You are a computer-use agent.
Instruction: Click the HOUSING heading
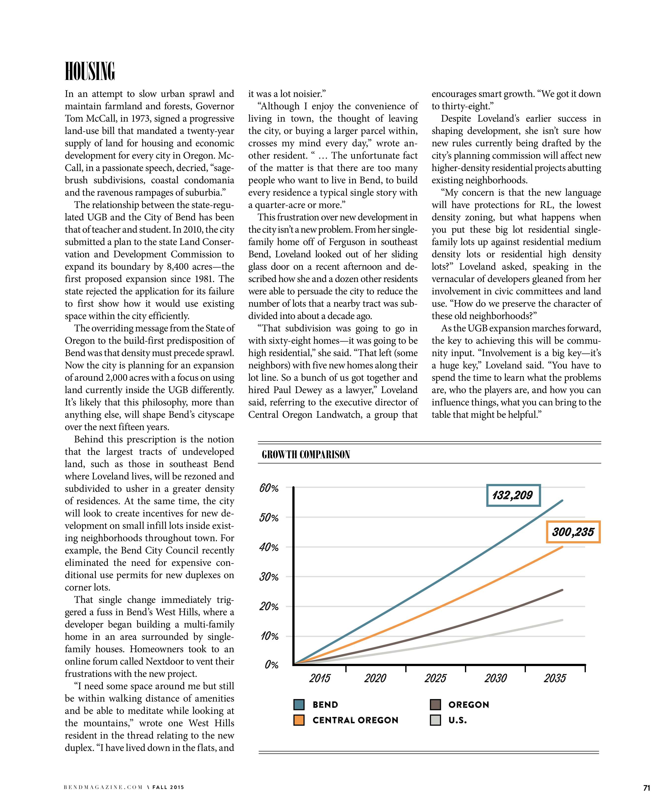click(x=90, y=71)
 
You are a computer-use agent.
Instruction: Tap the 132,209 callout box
click(x=513, y=495)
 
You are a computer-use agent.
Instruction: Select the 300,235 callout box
click(x=573, y=532)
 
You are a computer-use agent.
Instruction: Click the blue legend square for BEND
click(x=299, y=705)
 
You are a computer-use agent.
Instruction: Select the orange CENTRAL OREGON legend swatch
click(x=299, y=720)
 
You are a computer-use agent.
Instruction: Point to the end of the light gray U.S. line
click(x=562, y=620)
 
